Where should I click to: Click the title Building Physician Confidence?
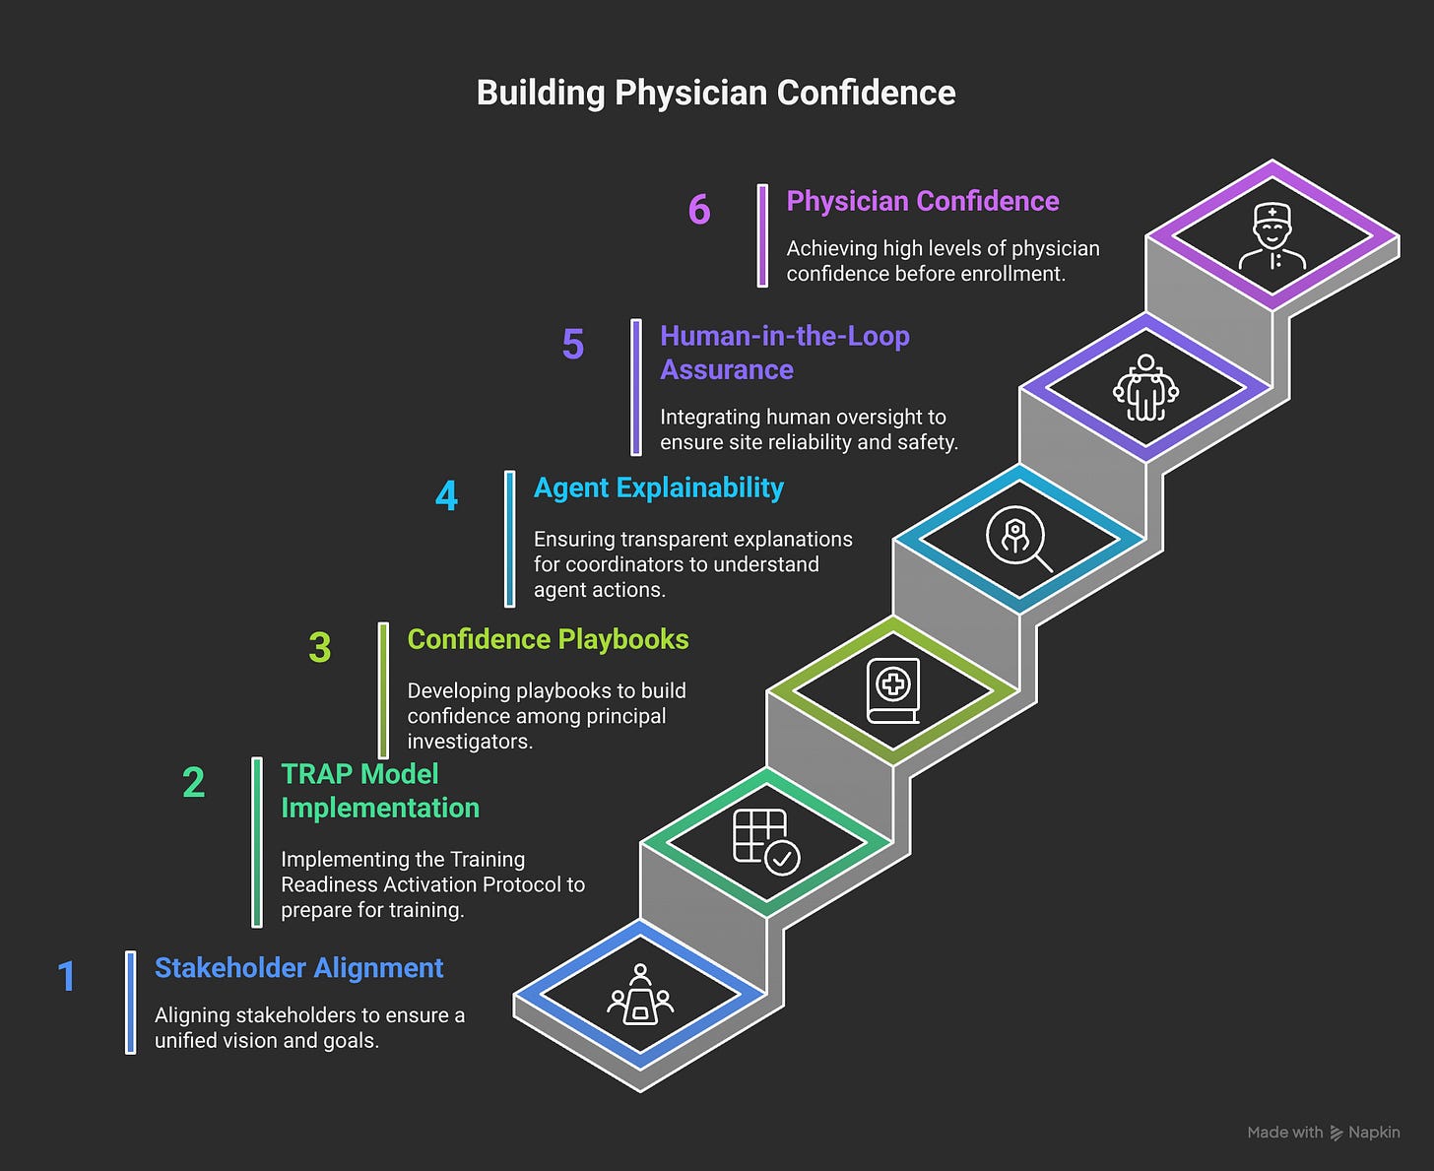(x=716, y=93)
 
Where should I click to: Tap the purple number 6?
(x=699, y=210)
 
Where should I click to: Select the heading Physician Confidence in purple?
(x=922, y=201)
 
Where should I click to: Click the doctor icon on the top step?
(x=1272, y=237)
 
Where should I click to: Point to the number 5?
(x=573, y=345)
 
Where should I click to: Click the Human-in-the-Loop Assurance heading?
(x=784, y=353)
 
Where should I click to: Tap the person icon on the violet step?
(x=1145, y=388)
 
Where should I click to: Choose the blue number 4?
(x=446, y=495)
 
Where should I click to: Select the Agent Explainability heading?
(x=658, y=488)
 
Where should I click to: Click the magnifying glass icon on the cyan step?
(x=1018, y=539)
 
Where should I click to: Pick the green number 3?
(x=320, y=647)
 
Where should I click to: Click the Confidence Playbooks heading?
(x=548, y=639)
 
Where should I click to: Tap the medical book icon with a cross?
(x=893, y=690)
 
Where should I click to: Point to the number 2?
(x=194, y=783)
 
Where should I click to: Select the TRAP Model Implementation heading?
(x=379, y=791)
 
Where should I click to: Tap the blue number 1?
(x=67, y=976)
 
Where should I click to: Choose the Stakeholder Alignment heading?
(x=298, y=968)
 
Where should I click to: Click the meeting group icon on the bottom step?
(x=640, y=995)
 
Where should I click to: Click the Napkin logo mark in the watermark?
(x=1336, y=1133)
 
